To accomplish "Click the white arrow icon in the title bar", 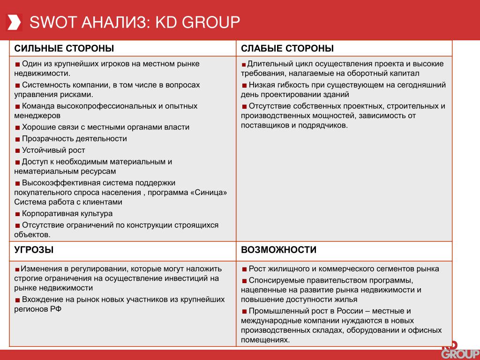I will click(x=14, y=22).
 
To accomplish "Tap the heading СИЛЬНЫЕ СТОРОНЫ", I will click(x=64, y=48).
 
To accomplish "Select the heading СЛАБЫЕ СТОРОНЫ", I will click(x=287, y=48).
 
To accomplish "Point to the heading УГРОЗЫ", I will click(x=34, y=250).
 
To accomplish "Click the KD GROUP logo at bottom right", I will click(x=460, y=351).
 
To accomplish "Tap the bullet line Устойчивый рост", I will click(x=53, y=150).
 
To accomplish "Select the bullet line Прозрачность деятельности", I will click(x=74, y=139).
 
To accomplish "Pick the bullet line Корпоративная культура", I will click(x=67, y=214).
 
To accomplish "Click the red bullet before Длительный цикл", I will click(x=244, y=64).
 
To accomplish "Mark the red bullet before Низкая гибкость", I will click(x=244, y=85).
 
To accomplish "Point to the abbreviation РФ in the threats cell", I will click(x=56, y=309).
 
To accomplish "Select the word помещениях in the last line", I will click(x=265, y=340).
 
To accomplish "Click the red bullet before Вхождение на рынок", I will click(x=17, y=300).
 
